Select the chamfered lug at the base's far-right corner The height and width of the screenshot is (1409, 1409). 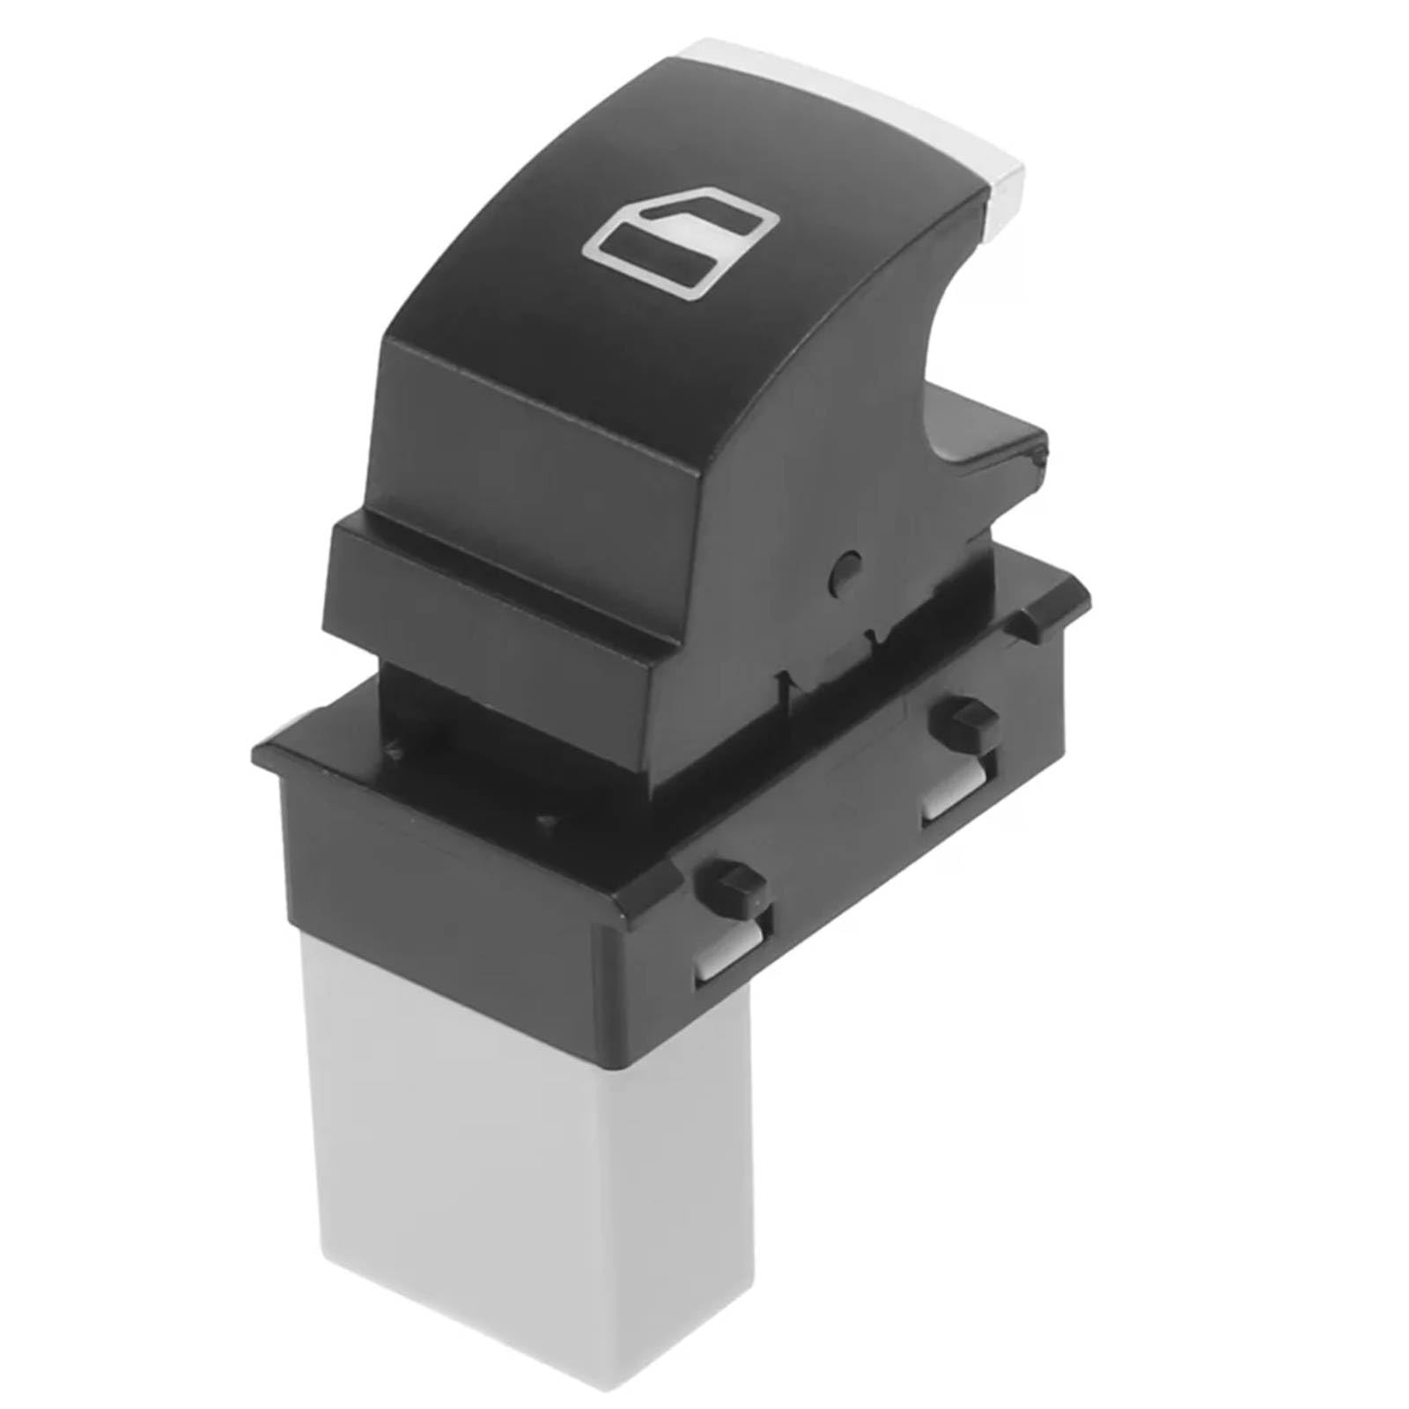pos(1057,599)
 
